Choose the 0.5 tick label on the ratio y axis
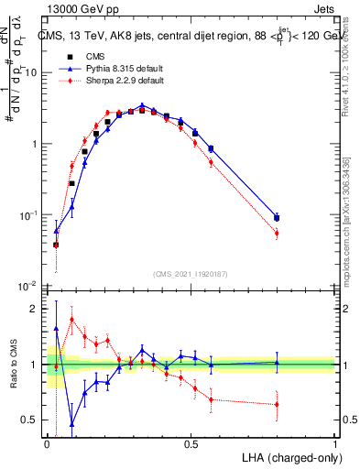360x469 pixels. point(33,420)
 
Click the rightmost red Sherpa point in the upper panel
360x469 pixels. point(277,234)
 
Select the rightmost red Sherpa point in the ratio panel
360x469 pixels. point(277,404)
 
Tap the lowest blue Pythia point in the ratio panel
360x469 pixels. point(71,423)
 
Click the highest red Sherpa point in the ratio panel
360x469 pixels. point(71,320)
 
